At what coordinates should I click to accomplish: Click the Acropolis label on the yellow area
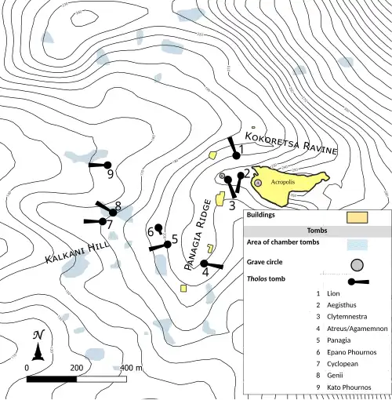pyautogui.click(x=283, y=181)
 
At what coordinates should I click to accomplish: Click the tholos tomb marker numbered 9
pyautogui.click(x=103, y=165)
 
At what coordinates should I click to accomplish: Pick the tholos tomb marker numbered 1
pyautogui.click(x=236, y=155)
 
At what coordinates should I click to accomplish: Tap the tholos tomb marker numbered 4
pyautogui.click(x=205, y=264)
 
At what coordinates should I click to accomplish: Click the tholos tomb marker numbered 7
pyautogui.click(x=102, y=221)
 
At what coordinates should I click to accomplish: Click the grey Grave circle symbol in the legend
pyautogui.click(x=358, y=263)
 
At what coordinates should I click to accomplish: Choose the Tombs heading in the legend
pyautogui.click(x=317, y=230)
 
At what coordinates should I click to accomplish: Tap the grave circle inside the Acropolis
pyautogui.click(x=258, y=183)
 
